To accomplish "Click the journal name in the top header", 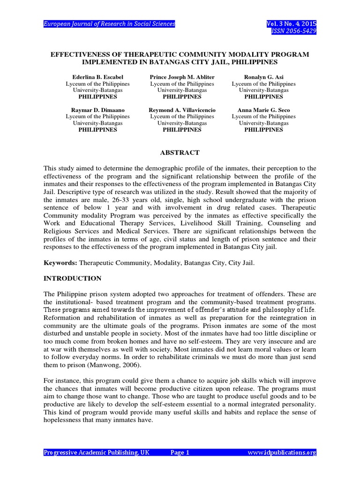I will (x=109, y=23).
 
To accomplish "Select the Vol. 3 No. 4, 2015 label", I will (x=291, y=23).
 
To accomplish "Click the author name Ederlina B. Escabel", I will (x=97, y=76).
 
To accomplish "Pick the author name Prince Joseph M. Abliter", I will (x=182, y=76).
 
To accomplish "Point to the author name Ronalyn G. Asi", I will (x=263, y=76).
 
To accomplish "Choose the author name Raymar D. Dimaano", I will (x=97, y=110).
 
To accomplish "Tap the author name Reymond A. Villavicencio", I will (x=182, y=110).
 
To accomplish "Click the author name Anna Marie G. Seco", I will (x=263, y=110).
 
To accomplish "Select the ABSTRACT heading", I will (x=180, y=152).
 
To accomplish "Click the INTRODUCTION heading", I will (x=72, y=278).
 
